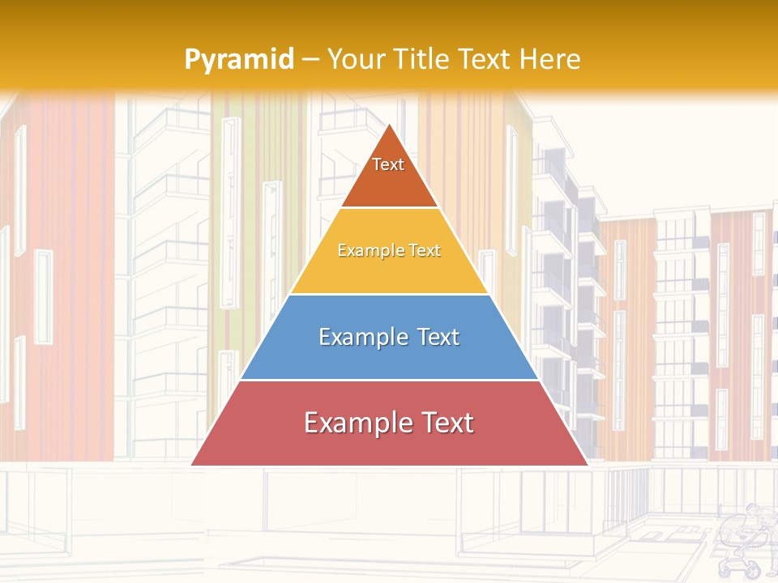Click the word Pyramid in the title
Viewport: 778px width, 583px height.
(x=239, y=60)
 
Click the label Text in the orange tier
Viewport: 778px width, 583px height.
(x=388, y=164)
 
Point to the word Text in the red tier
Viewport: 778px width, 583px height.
(x=447, y=423)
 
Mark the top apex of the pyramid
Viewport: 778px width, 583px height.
(x=390, y=125)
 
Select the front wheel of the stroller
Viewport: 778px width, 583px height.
(x=752, y=570)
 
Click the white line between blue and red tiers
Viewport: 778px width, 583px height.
(x=389, y=380)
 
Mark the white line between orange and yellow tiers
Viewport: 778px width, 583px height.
(x=389, y=208)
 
